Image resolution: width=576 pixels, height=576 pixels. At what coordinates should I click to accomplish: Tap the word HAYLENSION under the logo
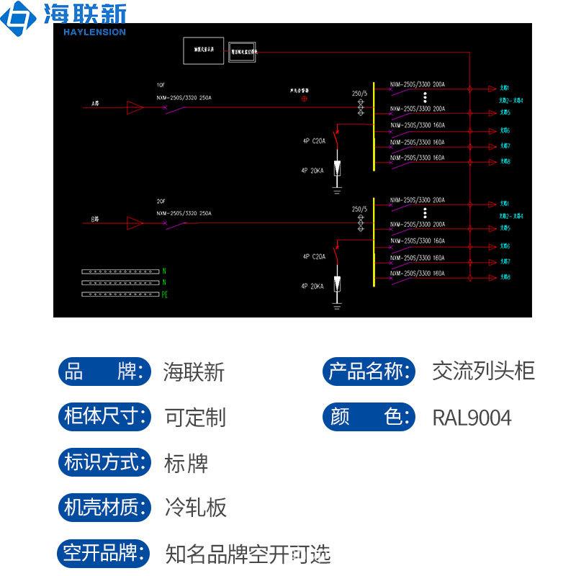[94, 32]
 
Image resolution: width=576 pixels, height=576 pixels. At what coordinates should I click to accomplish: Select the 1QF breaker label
[161, 85]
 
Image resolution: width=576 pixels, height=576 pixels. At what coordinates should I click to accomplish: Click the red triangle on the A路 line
[134, 108]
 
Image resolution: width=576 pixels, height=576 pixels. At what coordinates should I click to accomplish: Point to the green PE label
[164, 294]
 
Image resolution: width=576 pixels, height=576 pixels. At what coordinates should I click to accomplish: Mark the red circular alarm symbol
[304, 99]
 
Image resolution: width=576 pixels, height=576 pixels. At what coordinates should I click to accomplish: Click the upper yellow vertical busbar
[374, 126]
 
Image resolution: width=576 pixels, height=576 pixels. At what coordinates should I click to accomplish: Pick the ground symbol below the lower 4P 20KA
[336, 305]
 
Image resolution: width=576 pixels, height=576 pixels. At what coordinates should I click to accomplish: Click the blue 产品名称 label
[369, 372]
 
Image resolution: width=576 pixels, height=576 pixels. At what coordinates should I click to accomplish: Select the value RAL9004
[472, 418]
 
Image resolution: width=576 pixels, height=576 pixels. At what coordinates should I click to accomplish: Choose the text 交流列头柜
[483, 372]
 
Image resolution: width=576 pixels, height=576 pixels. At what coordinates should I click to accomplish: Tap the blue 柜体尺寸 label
[105, 417]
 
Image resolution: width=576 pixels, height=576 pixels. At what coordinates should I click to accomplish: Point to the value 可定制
[195, 418]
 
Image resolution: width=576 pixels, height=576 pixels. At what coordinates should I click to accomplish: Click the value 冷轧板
[195, 508]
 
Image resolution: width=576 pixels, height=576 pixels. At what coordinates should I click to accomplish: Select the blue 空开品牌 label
[105, 553]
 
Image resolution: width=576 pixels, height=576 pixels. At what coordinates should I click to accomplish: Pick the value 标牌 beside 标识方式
[186, 463]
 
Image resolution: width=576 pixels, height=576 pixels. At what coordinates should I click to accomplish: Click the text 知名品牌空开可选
[248, 554]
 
